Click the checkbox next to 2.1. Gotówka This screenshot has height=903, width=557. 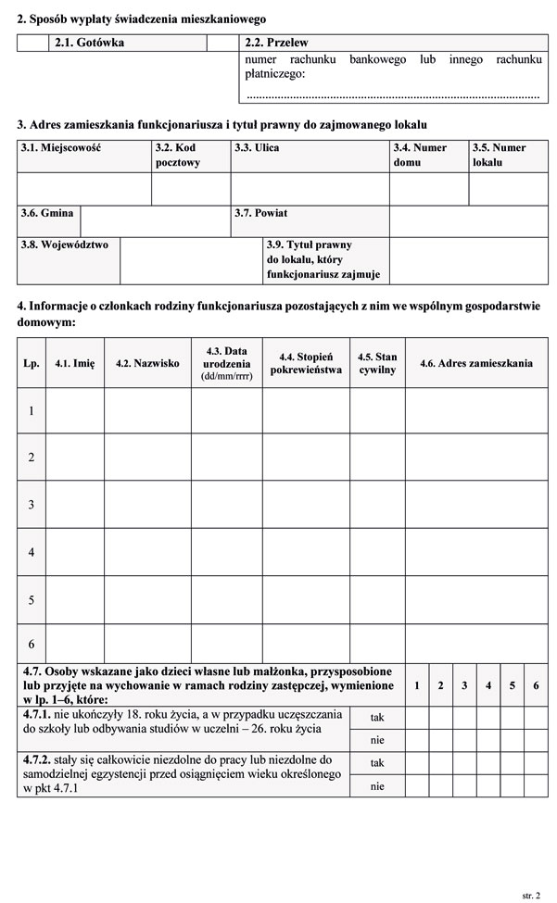tap(32, 43)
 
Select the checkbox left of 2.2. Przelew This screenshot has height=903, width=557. tap(222, 43)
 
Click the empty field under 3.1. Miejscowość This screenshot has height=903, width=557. tap(84, 189)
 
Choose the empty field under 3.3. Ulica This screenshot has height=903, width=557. tap(310, 189)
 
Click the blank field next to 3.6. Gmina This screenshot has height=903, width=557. tap(156, 220)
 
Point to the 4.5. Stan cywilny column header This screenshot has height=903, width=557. tap(377, 364)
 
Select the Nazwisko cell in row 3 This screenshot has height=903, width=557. tap(147, 505)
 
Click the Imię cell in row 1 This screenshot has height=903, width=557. tap(75, 410)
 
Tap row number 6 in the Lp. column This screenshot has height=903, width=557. tap(32, 644)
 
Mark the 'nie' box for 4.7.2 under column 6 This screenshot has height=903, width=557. tap(536, 786)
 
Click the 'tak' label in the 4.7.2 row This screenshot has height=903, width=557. tap(377, 763)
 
